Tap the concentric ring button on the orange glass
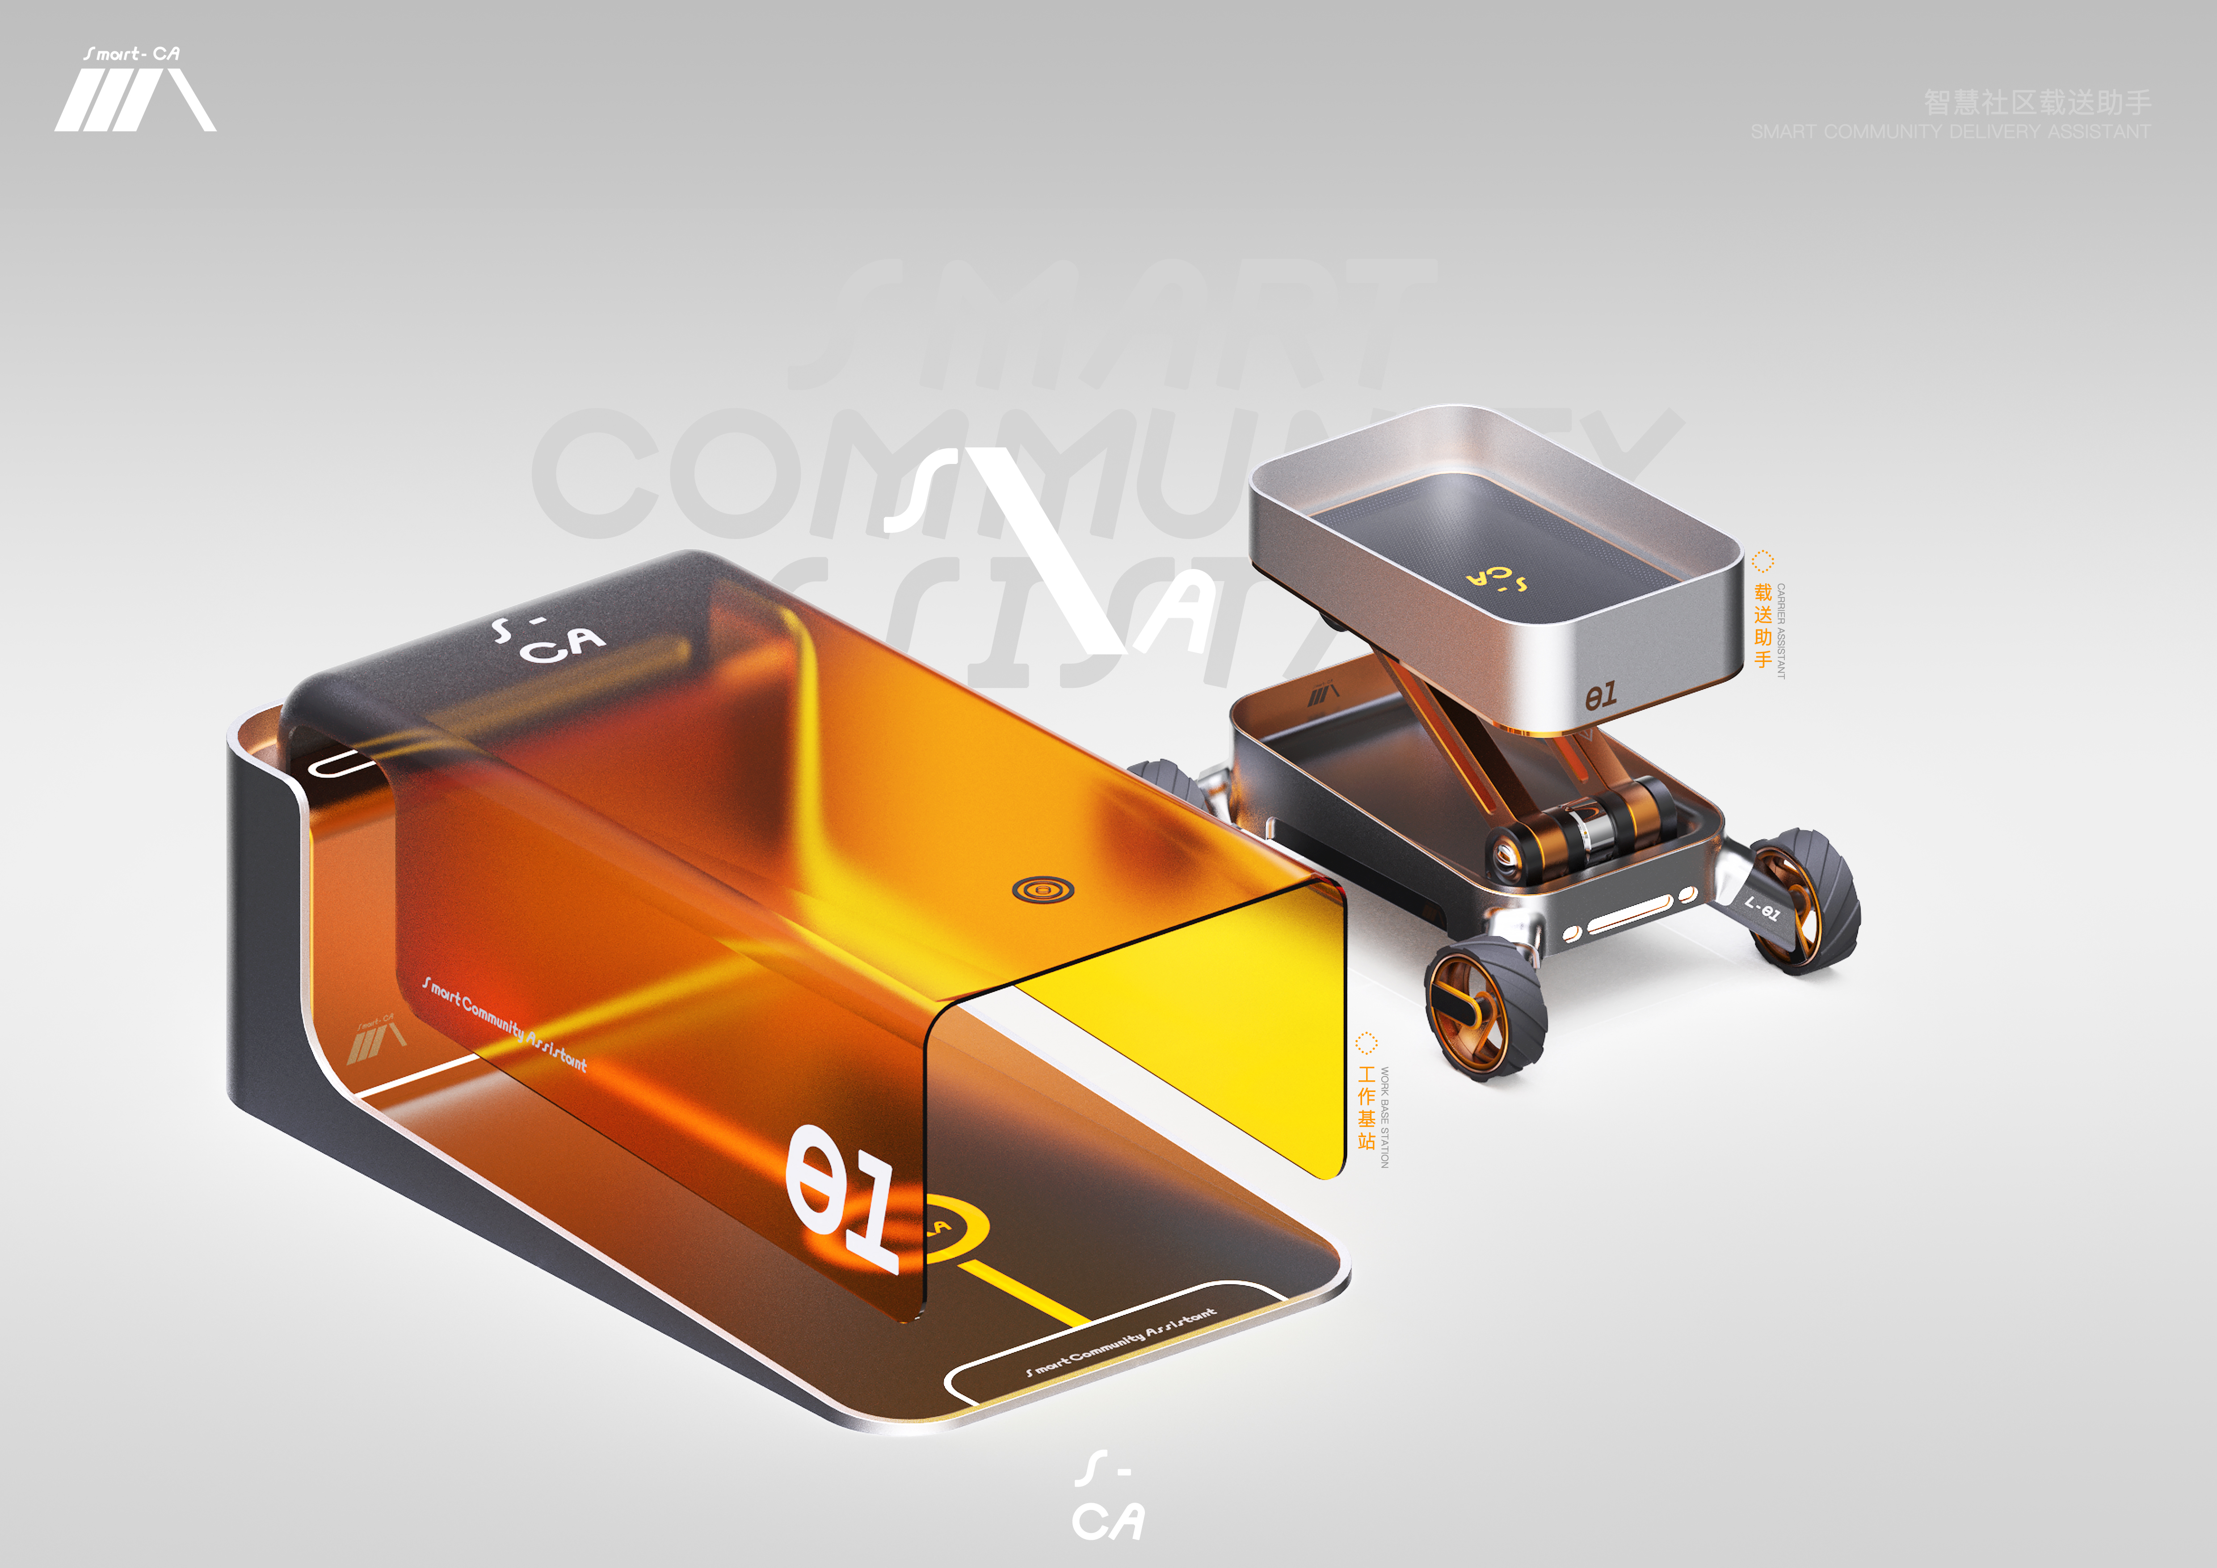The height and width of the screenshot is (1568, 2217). [x=1043, y=888]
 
